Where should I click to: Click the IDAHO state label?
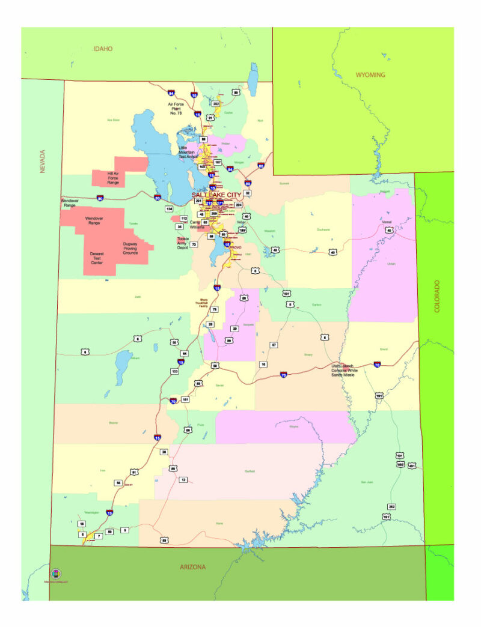[103, 49]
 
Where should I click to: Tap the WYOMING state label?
[370, 74]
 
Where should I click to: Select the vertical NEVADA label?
[43, 162]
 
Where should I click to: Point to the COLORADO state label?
[437, 295]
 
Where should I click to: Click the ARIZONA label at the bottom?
[193, 567]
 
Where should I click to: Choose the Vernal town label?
[387, 222]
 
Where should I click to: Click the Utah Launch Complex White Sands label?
[352, 370]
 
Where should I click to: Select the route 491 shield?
[412, 465]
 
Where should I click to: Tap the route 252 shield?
[216, 104]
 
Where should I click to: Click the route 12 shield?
[183, 479]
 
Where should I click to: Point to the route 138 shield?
[170, 208]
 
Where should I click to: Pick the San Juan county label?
[366, 482]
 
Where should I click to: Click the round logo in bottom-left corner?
[56, 574]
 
